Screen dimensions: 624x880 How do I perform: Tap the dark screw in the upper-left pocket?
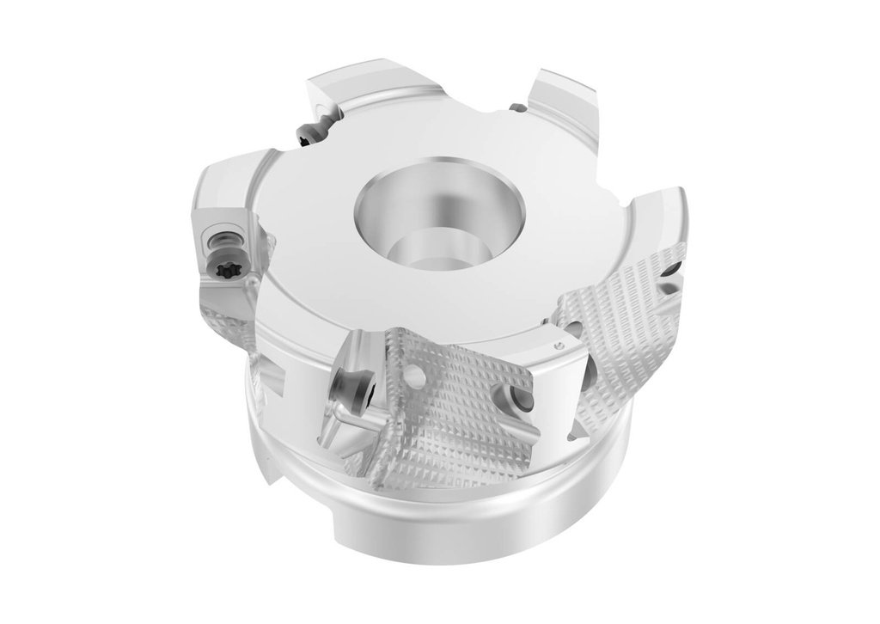[x=309, y=133]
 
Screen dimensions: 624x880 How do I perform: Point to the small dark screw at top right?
[x=517, y=108]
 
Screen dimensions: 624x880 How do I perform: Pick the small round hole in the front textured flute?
[x=418, y=374]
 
